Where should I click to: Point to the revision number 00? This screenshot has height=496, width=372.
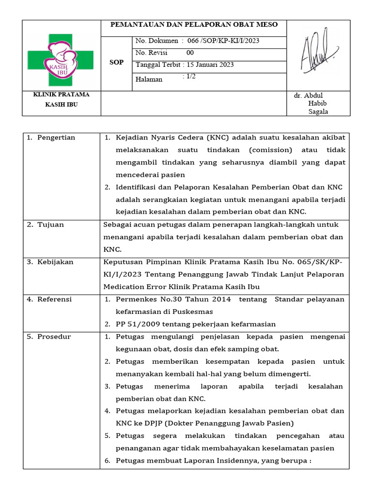190,53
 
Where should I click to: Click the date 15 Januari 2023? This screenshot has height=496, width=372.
217,65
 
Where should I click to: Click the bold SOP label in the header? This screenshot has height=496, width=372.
117,62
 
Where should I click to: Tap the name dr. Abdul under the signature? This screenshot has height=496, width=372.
309,95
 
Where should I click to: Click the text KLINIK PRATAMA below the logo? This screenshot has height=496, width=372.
61,95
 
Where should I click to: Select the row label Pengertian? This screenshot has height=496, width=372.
56,138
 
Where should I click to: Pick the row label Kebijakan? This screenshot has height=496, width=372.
55,262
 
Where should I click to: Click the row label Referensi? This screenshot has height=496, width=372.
54,299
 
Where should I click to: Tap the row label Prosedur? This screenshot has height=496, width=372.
54,337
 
